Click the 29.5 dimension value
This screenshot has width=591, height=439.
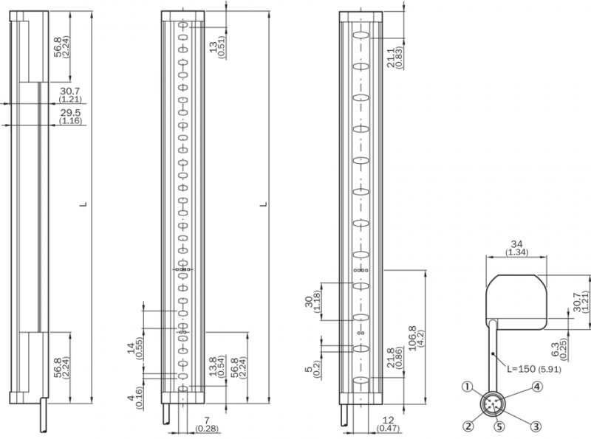(70, 113)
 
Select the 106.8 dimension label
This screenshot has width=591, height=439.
(411, 338)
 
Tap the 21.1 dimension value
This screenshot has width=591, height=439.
(391, 58)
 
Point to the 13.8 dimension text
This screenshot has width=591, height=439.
(213, 367)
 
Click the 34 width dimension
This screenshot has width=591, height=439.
(516, 245)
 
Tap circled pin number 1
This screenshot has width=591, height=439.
(468, 387)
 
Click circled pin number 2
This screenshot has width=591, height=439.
(468, 426)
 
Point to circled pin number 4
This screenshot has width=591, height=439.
(537, 387)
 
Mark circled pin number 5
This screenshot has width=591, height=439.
(499, 426)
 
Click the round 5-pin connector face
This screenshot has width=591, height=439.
(491, 405)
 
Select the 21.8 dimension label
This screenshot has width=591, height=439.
(391, 358)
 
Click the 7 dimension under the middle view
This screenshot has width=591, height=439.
(207, 420)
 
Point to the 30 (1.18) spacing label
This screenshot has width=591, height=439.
(312, 302)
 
